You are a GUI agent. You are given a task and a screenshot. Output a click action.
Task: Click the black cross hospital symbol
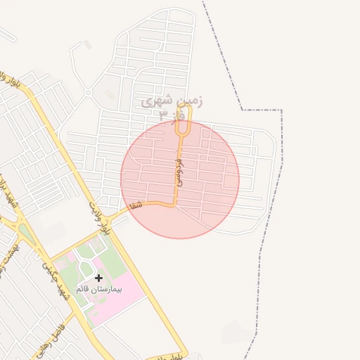coord(98,278)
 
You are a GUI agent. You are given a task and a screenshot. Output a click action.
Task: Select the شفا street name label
coord(136,205)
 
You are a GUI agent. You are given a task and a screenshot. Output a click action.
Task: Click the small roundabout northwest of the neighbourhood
coord(88,92)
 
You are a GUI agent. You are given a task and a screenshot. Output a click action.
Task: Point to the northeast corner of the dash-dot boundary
coord(281,110)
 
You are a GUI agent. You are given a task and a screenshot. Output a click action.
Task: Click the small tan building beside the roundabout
coord(87,44)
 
